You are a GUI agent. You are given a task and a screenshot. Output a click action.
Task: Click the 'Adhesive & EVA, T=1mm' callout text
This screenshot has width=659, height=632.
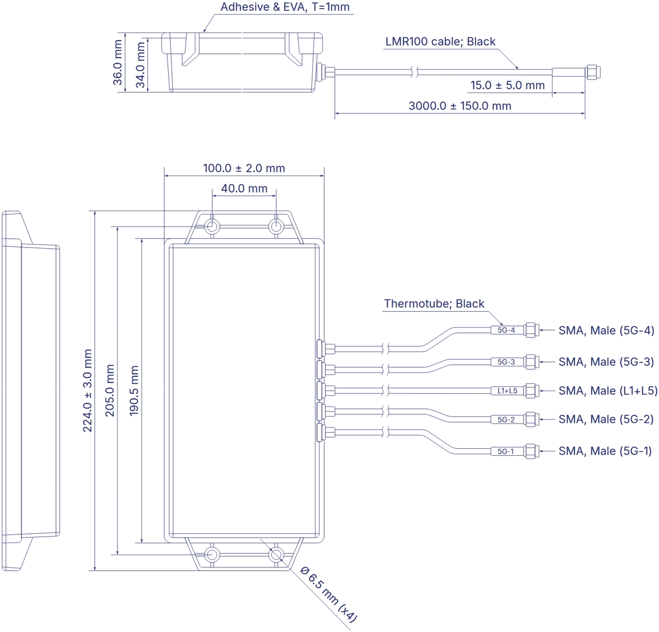[x=284, y=7]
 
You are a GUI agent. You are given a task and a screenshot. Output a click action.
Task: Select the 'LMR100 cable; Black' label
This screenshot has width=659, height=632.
[x=440, y=42]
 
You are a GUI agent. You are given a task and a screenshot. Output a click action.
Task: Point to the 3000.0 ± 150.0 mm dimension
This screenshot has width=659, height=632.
[x=460, y=106]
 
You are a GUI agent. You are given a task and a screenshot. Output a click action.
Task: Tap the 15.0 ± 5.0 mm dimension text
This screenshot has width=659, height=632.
[x=507, y=86]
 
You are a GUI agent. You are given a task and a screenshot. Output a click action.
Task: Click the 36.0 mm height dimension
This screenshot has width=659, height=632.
[x=118, y=63]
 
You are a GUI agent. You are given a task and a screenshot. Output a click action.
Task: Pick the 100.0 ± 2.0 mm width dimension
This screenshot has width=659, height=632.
[x=244, y=168]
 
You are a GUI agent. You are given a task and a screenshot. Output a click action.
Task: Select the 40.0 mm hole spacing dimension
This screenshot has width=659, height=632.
[x=244, y=189]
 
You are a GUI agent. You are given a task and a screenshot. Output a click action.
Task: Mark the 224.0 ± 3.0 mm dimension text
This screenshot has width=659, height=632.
[x=87, y=391]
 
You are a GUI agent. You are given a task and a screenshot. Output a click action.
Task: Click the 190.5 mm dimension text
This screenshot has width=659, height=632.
[x=134, y=391]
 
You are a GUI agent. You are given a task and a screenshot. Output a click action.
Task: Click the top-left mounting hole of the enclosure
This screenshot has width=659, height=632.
[x=212, y=227]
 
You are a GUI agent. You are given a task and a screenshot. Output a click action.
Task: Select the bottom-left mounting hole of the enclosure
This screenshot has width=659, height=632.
[x=212, y=554]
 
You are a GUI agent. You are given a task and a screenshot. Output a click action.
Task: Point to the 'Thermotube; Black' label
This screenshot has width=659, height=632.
[x=434, y=304]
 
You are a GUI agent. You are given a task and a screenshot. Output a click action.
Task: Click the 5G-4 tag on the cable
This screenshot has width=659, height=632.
[x=506, y=330]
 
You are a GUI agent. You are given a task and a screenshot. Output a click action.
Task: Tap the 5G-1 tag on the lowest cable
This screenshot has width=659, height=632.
[x=505, y=452]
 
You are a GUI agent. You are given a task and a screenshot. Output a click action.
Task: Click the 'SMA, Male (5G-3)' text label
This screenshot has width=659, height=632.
[x=606, y=362]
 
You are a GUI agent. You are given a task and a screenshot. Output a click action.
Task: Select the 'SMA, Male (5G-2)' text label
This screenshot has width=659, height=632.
[x=606, y=420]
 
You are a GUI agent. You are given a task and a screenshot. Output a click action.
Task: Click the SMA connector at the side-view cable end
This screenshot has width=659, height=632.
[x=591, y=71]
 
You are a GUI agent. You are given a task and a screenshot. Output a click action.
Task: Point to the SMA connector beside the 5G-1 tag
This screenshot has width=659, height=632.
[x=530, y=452]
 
